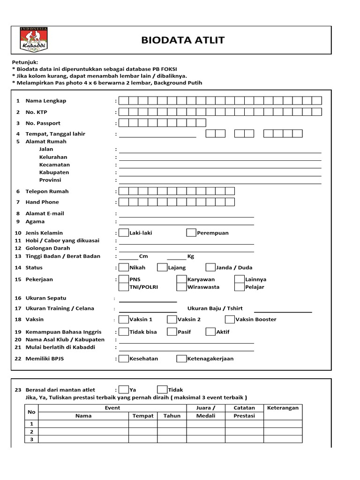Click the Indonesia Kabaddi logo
tap(34, 39)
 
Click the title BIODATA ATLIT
tap(183, 40)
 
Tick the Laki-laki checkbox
tap(124, 232)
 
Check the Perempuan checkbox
tap(191, 232)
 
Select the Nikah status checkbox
tap(124, 268)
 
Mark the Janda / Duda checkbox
tap(210, 268)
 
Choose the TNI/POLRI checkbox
tap(124, 287)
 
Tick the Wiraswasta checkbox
tap(181, 287)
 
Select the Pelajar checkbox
tap(240, 287)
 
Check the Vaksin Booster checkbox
tap(230, 320)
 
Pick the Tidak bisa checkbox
tap(124, 332)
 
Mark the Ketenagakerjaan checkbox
tap(181, 359)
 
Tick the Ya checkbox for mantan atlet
tap(124, 390)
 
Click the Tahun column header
tap(172, 416)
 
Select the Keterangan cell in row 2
tap(283, 432)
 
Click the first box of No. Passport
tap(124, 123)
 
